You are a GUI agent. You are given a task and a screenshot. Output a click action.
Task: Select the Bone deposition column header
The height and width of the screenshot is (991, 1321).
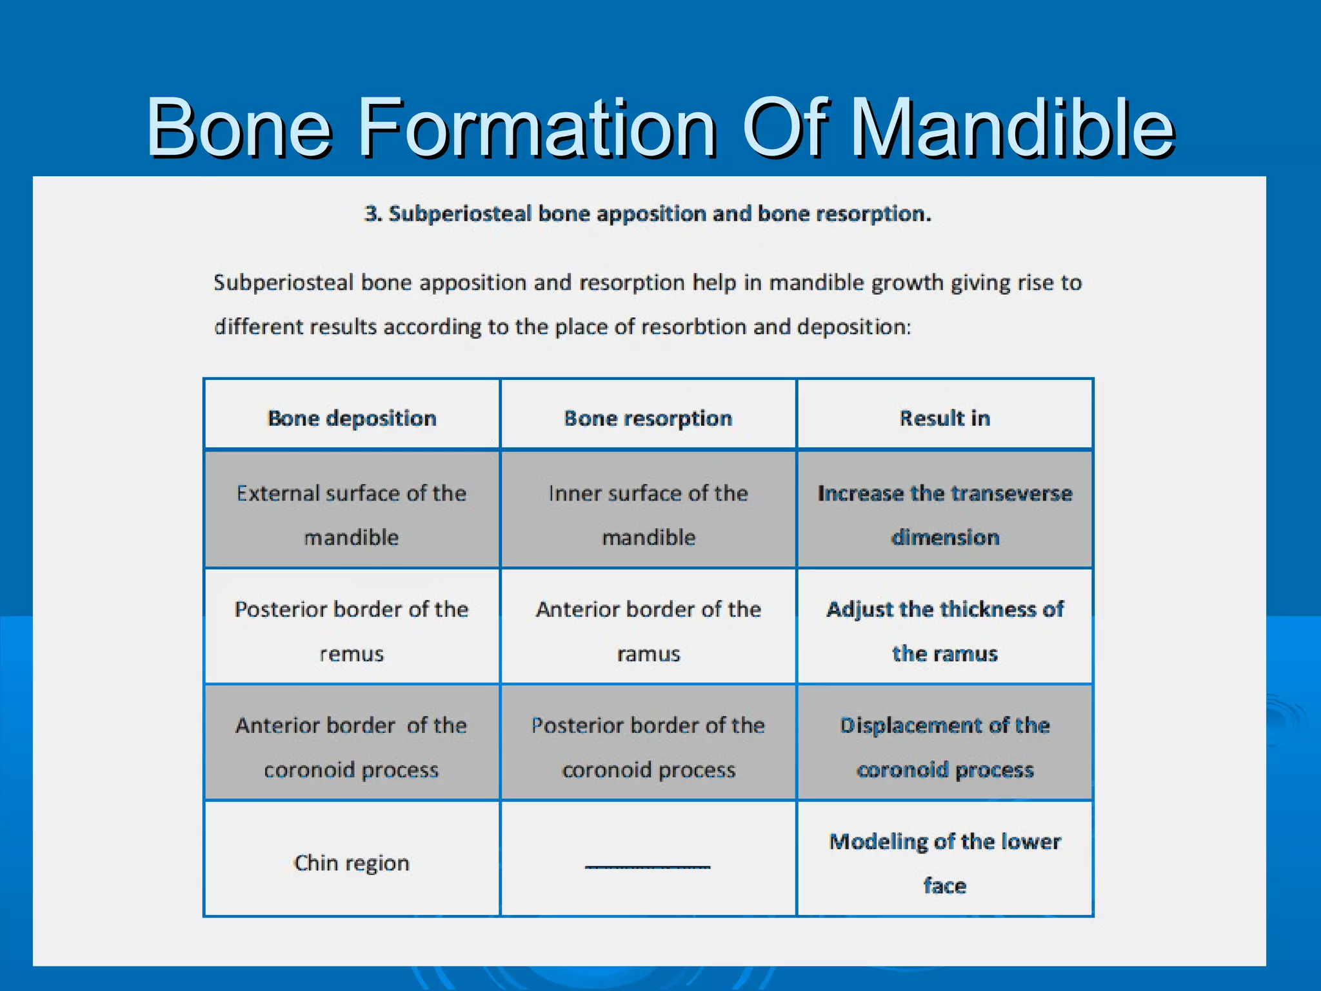click(352, 418)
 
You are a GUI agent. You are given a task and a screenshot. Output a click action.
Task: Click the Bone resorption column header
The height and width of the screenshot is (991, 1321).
click(648, 418)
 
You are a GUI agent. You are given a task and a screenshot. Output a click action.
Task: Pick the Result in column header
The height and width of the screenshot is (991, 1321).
click(945, 418)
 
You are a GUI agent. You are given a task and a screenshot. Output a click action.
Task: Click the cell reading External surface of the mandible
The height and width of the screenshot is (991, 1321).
click(352, 514)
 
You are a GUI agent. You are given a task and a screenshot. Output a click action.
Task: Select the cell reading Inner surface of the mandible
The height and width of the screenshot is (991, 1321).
click(648, 514)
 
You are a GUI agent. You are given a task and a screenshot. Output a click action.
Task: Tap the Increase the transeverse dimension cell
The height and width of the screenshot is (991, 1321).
click(945, 514)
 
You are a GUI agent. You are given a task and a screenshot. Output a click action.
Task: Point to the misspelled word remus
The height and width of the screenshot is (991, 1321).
click(352, 654)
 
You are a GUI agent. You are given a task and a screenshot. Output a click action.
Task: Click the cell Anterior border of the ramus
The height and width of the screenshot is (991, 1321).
click(648, 630)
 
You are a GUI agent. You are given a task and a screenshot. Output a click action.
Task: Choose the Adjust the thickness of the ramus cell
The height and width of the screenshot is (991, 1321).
click(945, 630)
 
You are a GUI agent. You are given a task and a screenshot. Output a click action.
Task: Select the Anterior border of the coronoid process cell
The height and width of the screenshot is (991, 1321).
click(352, 746)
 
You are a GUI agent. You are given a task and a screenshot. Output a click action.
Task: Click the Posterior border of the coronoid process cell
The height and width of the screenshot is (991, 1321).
click(648, 746)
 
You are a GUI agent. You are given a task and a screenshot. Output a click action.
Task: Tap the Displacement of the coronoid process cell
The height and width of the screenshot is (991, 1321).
click(945, 746)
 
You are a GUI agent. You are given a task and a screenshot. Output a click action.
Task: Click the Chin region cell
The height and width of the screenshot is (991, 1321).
click(352, 863)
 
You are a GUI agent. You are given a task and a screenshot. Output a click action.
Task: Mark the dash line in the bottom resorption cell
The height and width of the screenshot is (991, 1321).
click(648, 866)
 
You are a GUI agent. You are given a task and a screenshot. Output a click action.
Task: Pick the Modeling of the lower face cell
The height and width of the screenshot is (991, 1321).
click(945, 863)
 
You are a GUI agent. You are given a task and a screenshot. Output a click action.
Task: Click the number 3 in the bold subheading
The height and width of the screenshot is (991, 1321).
click(372, 214)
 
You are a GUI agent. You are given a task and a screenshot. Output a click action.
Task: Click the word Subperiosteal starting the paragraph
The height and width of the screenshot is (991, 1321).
click(283, 283)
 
